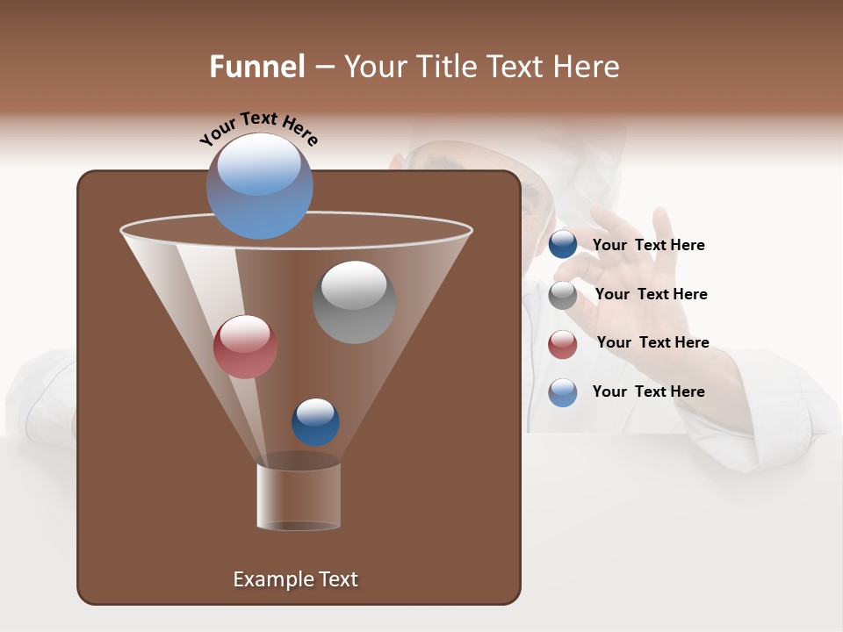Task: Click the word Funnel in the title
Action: pos(257,67)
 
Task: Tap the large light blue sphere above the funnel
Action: pos(259,185)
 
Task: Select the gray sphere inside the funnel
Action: pos(354,302)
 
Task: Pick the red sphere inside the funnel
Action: pos(245,347)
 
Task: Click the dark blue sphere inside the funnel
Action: pos(315,422)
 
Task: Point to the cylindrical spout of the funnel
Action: pos(299,496)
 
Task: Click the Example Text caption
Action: pos(295,579)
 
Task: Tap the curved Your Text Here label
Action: pos(258,128)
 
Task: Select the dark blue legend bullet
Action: pos(563,245)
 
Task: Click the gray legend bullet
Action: pos(563,295)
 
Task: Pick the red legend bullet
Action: pos(563,344)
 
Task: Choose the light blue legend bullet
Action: pos(563,392)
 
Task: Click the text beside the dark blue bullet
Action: pos(648,246)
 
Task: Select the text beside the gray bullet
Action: pos(651,295)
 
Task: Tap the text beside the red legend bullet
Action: pos(652,343)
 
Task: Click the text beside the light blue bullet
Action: pos(648,391)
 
